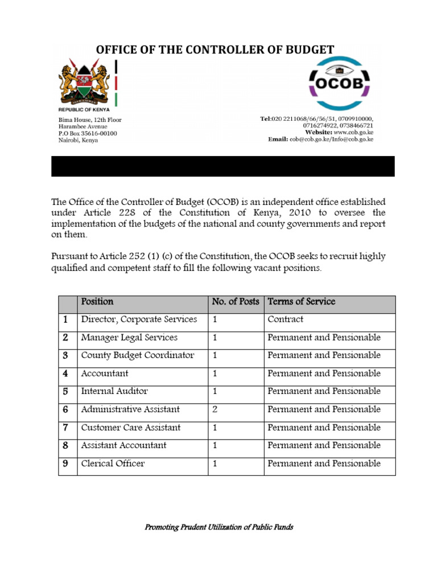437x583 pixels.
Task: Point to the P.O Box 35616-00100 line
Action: tap(88, 133)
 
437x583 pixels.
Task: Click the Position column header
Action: tap(97, 302)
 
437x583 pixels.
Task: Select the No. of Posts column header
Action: tap(235, 302)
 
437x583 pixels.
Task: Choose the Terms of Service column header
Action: tap(302, 302)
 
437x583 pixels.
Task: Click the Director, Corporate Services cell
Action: tap(139, 319)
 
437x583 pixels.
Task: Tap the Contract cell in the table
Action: tap(286, 319)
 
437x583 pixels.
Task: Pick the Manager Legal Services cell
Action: tap(129, 338)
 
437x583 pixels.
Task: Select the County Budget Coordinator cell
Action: tap(138, 355)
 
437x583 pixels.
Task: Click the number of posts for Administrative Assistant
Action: tap(215, 409)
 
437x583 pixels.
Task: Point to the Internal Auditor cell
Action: tap(114, 391)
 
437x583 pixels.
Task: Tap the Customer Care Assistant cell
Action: tap(131, 428)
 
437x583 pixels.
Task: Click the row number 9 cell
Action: tap(65, 463)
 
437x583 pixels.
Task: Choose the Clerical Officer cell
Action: tap(113, 463)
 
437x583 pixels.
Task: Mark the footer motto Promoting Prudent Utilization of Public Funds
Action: tap(219, 527)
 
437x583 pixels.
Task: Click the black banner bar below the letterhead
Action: tap(222, 166)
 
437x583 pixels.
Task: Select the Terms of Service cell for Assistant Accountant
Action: tap(324, 445)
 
